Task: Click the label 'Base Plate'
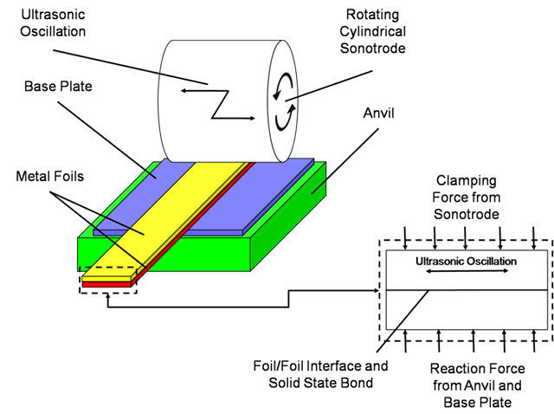point(58,87)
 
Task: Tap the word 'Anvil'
point(378,113)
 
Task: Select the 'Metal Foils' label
point(50,176)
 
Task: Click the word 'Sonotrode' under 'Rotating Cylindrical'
point(373,49)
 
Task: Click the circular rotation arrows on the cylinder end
point(285,102)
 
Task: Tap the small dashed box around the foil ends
point(108,280)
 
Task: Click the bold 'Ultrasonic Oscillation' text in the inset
point(466,262)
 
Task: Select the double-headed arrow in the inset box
point(467,271)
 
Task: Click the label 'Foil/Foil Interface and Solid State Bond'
point(320,374)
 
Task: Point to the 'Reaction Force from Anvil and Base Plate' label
point(477,385)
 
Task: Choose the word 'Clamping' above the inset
point(467,181)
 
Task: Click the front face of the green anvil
point(164,254)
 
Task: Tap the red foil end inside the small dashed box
point(106,284)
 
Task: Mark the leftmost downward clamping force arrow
point(405,238)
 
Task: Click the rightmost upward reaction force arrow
point(534,341)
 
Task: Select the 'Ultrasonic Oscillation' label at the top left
point(53,23)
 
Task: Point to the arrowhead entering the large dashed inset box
point(377,291)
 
